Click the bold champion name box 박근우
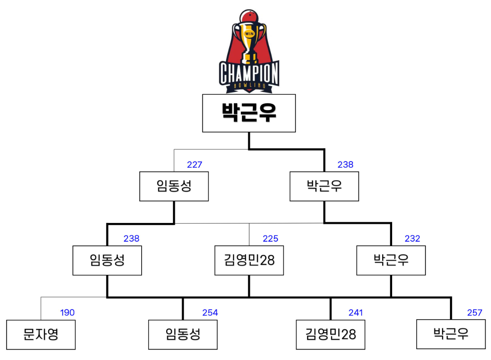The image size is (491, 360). coord(249,113)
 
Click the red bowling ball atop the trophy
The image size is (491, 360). coord(249,17)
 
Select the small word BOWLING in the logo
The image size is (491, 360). coord(249,85)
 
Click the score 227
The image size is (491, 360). coord(194,165)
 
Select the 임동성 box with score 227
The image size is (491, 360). coord(174,186)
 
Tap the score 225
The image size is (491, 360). coord(270,239)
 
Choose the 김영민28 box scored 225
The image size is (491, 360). coord(249,260)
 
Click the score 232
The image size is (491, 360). coord(412,239)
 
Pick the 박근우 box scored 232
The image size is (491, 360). coord(391,260)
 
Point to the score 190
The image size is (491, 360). coord(67,313)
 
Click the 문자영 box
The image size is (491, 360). coord(41,334)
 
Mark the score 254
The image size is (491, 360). coord(210,313)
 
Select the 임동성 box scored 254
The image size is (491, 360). coord(183,334)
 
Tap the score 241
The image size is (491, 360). coord(355,313)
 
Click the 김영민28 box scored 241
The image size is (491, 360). coord(331,334)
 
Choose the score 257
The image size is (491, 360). coord(474,313)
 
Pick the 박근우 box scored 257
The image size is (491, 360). coord(451,334)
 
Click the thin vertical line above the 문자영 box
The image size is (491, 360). coord(41,308)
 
